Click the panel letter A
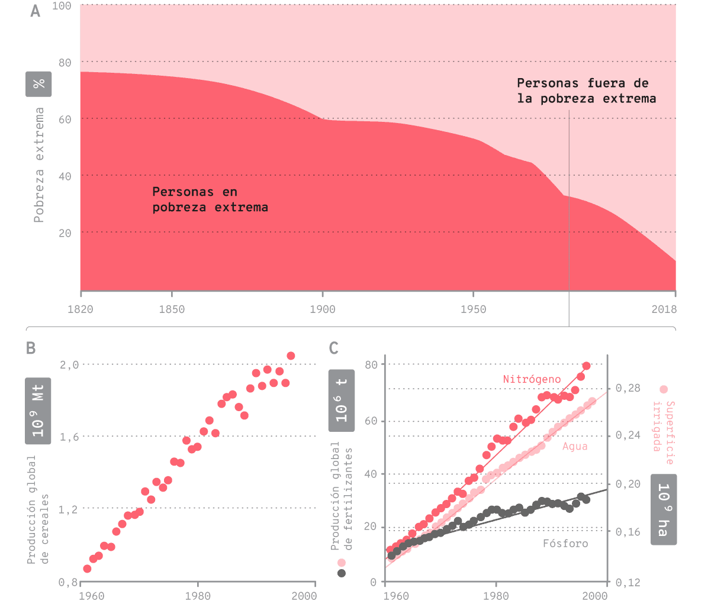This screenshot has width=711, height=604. [36, 11]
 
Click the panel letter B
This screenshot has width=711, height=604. [31, 348]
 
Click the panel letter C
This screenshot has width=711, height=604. [334, 348]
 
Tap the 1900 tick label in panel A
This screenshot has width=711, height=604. [322, 309]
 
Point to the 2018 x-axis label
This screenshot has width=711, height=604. [664, 309]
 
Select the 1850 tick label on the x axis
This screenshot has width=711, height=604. [172, 309]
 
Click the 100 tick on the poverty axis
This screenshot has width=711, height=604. [62, 6]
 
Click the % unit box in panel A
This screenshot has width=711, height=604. [38, 84]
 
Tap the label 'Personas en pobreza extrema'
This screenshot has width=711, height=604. [210, 199]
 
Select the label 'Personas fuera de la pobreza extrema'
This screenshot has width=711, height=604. [586, 91]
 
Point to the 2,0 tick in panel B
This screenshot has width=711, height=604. [69, 365]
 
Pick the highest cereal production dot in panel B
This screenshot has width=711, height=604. [291, 356]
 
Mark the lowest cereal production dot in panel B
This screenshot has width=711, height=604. [87, 569]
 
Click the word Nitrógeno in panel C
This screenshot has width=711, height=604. [532, 379]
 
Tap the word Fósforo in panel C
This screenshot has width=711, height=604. [565, 543]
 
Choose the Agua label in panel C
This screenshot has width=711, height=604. [575, 446]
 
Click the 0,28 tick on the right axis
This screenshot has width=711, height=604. [628, 389]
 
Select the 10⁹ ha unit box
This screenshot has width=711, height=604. [664, 509]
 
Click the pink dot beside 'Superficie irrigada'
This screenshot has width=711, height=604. [664, 389]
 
